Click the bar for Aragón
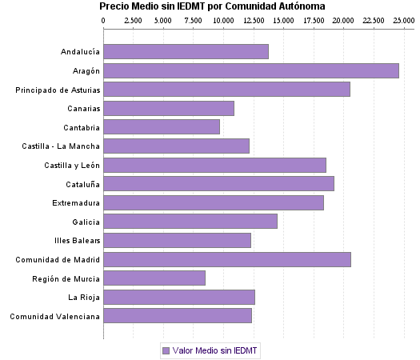251,70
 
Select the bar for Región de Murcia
154,278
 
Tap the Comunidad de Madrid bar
227,259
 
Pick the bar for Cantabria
162,127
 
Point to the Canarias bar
169,108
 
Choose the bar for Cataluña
218,183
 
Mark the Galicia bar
190,222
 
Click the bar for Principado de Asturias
227,90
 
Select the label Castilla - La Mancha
62,146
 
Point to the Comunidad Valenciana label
54,316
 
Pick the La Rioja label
84,297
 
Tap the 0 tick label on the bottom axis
104,334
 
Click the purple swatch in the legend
166,350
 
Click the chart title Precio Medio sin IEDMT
213,6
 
